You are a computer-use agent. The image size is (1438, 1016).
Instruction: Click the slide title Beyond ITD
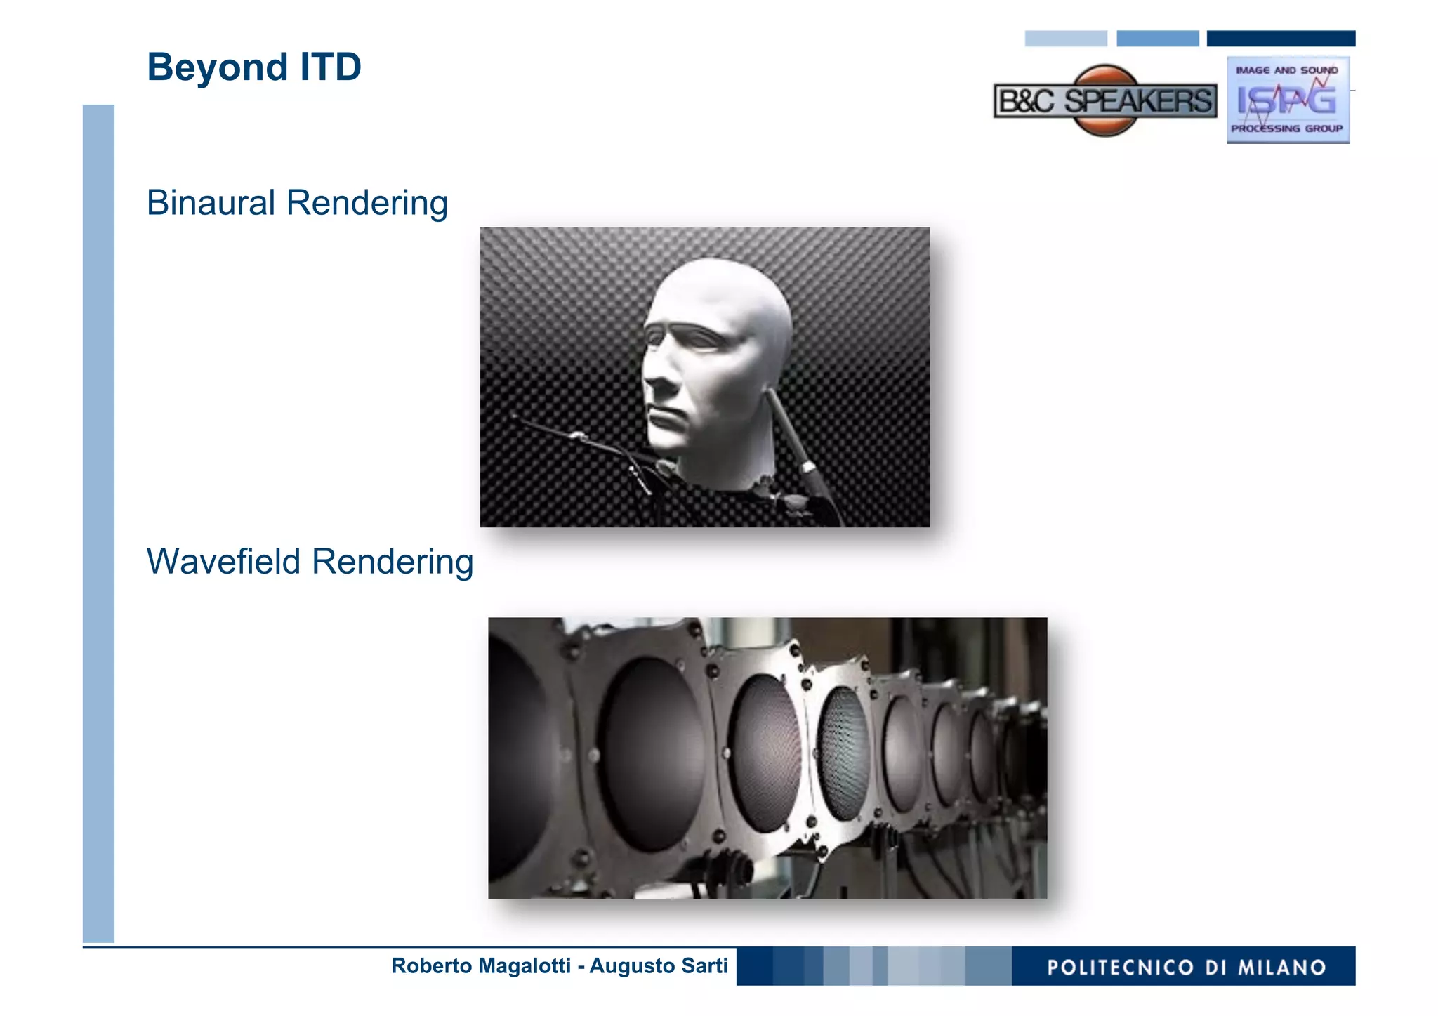point(253,67)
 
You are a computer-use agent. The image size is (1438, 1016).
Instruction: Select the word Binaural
point(211,203)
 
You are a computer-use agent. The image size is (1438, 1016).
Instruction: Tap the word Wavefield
point(224,562)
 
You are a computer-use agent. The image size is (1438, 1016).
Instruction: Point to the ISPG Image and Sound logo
point(1287,100)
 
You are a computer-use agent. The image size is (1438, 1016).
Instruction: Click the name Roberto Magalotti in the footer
point(480,966)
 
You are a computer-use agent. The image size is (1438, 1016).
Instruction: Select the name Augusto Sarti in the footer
point(658,966)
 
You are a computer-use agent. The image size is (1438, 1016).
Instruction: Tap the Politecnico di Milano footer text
point(1186,968)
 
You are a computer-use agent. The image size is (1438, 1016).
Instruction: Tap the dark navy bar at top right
point(1280,39)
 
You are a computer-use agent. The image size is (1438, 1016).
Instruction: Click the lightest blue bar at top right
point(1065,39)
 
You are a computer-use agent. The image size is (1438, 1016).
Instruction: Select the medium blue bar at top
point(1157,39)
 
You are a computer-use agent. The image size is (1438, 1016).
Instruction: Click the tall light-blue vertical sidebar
point(98,523)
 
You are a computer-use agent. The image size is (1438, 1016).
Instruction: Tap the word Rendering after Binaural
point(367,203)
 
